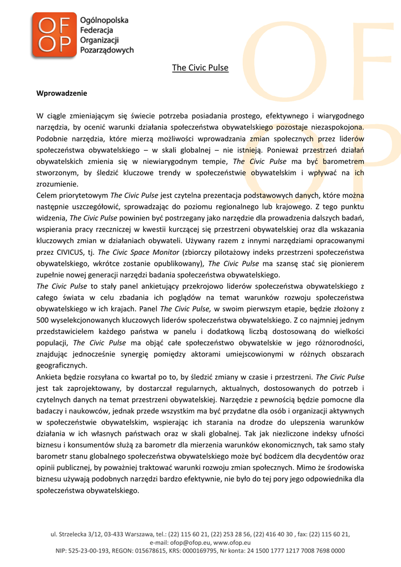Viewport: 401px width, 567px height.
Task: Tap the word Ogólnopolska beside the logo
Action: click(104, 20)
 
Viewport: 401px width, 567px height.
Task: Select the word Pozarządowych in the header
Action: click(107, 50)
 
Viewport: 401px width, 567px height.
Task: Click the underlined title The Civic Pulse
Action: click(200, 68)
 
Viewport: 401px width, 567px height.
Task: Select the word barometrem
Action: click(343, 161)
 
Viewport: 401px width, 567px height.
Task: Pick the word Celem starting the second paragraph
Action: click(46, 195)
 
